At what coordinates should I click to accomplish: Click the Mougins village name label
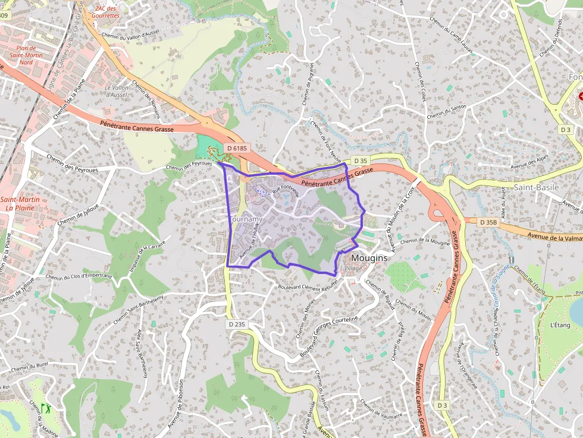(x=369, y=259)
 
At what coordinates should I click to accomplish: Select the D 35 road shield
(x=361, y=160)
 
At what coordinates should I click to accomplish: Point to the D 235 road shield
(x=236, y=324)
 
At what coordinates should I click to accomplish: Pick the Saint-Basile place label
(x=535, y=187)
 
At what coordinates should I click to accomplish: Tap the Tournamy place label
(x=245, y=219)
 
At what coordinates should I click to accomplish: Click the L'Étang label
(x=560, y=325)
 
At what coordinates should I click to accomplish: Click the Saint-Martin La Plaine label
(x=20, y=204)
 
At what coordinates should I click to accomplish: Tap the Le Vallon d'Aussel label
(x=117, y=91)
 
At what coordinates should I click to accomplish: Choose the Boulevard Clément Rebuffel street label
(x=307, y=286)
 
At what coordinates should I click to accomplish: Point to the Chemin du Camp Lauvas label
(x=450, y=31)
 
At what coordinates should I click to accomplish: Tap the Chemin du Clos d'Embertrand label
(x=79, y=276)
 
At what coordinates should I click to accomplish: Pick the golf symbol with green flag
(x=46, y=409)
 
